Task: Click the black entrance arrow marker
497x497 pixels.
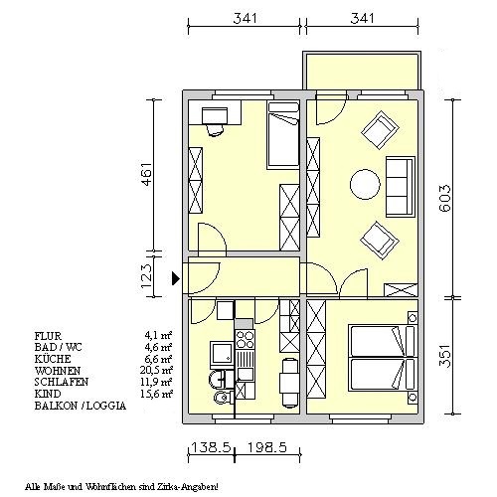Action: pyautogui.click(x=175, y=278)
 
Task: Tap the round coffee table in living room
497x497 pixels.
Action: pyautogui.click(x=365, y=184)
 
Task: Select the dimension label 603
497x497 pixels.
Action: pyautogui.click(x=445, y=198)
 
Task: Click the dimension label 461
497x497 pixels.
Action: pyautogui.click(x=147, y=174)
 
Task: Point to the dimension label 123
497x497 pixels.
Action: pyautogui.click(x=147, y=277)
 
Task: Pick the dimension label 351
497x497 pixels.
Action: pyautogui.click(x=445, y=356)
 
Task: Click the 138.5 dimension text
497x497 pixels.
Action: pyautogui.click(x=211, y=448)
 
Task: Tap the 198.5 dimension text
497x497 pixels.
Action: pyautogui.click(x=267, y=448)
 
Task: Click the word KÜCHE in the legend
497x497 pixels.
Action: pyautogui.click(x=53, y=359)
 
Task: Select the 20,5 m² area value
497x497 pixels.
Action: pyautogui.click(x=156, y=370)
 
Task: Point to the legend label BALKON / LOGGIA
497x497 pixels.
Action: pyautogui.click(x=81, y=406)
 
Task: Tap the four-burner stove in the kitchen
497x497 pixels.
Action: pyautogui.click(x=245, y=340)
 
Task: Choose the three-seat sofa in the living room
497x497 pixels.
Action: pyautogui.click(x=401, y=187)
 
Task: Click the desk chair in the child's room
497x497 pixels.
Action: pyautogui.click(x=214, y=130)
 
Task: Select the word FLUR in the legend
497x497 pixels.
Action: pyautogui.click(x=48, y=336)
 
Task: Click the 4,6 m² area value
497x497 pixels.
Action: pyautogui.click(x=158, y=347)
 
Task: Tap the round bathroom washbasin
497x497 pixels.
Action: pyautogui.click(x=218, y=379)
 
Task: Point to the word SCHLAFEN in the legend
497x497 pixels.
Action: pyautogui.click(x=62, y=382)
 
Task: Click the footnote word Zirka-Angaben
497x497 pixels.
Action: pyautogui.click(x=198, y=487)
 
